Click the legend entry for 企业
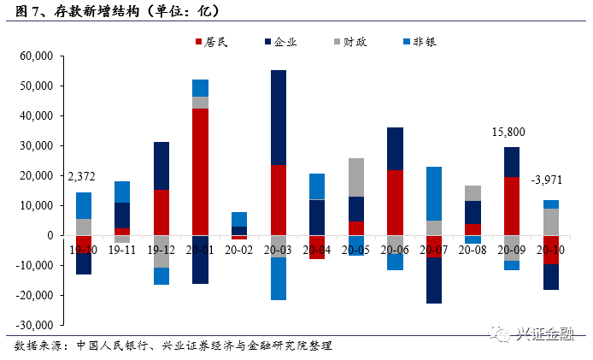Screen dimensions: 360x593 (279, 41)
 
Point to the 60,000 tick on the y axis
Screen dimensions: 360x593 (36, 56)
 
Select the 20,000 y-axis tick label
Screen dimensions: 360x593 (36, 176)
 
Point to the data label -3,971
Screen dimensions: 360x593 (549, 181)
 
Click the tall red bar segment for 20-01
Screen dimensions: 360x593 (200, 171)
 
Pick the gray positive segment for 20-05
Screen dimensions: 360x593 (355, 177)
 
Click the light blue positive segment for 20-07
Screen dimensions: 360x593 (434, 193)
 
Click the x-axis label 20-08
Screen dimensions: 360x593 (473, 249)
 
